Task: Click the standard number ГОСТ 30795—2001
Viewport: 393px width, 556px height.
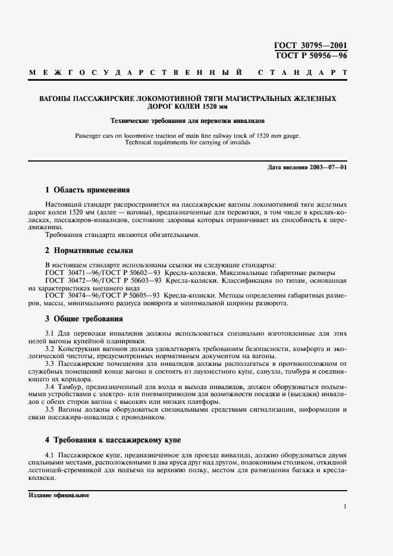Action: pos(310,45)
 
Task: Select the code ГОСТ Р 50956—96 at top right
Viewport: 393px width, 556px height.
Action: pos(310,55)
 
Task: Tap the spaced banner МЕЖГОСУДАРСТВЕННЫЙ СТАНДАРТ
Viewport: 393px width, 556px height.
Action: pos(188,73)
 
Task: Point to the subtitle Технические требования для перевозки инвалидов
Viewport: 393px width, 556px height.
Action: pos(188,121)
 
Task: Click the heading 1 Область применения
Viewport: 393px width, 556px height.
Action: pos(87,190)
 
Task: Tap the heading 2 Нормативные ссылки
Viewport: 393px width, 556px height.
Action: pos(89,250)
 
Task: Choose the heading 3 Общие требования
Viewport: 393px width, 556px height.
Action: pos(84,318)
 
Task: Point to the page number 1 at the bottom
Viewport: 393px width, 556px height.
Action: pos(345,506)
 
